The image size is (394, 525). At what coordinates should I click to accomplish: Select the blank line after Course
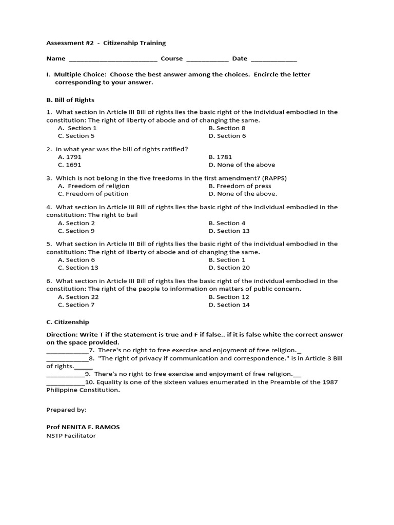point(207,59)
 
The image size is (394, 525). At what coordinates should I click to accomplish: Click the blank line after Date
point(273,59)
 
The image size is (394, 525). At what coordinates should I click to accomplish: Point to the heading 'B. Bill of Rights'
point(70,100)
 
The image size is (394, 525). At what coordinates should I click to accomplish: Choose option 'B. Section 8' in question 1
point(227,128)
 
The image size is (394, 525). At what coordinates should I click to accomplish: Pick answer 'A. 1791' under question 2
point(70,157)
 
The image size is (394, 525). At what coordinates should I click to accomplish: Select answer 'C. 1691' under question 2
point(70,165)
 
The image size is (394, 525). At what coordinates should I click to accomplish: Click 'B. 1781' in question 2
point(220,157)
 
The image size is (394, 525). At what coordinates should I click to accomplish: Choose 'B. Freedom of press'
point(240,186)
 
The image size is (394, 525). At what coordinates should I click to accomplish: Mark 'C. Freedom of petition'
point(93,194)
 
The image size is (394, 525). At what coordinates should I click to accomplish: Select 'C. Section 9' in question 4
point(76,231)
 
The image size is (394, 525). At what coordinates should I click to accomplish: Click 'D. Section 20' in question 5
point(229,268)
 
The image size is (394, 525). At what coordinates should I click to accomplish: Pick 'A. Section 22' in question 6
point(78,297)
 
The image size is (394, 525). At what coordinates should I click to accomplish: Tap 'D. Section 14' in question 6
point(229,305)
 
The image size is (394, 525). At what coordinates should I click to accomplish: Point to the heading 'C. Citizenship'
point(68,322)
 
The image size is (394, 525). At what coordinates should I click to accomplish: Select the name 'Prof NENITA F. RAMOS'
point(83,427)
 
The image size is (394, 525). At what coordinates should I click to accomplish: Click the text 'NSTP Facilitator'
point(71,436)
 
